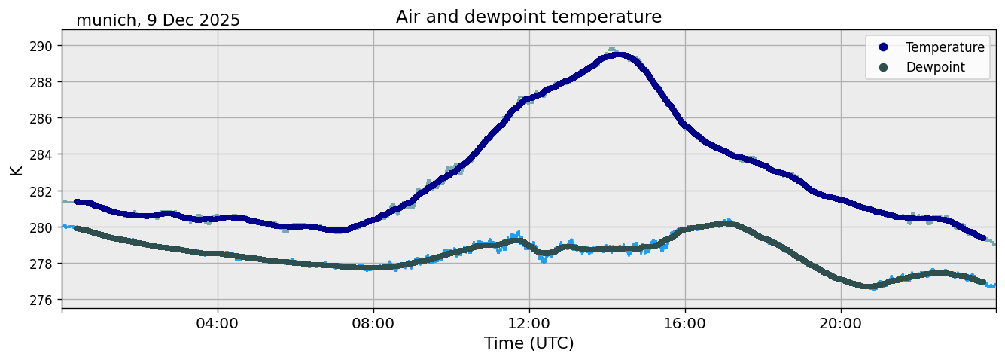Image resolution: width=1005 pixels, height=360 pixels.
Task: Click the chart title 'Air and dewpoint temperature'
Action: coord(528,17)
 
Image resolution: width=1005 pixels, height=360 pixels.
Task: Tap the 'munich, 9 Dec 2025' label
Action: coord(158,20)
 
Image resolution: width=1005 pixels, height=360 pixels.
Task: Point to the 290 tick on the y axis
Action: coord(41,46)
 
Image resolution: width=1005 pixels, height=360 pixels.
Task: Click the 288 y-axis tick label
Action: coord(41,82)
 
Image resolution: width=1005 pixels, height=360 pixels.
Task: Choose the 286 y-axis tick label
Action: coord(41,118)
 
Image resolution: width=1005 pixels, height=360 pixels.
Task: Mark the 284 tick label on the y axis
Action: coord(41,154)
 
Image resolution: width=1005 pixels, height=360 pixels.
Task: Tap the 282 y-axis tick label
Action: coord(41,191)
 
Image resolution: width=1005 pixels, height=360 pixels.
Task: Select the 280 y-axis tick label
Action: coord(41,227)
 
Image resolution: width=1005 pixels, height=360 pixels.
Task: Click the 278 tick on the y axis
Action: coord(41,264)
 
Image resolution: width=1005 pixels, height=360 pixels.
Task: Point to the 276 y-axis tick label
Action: coord(41,300)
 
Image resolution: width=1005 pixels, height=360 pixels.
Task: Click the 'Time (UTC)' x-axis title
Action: coord(528,343)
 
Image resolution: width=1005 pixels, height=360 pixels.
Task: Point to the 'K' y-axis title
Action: coord(16,169)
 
